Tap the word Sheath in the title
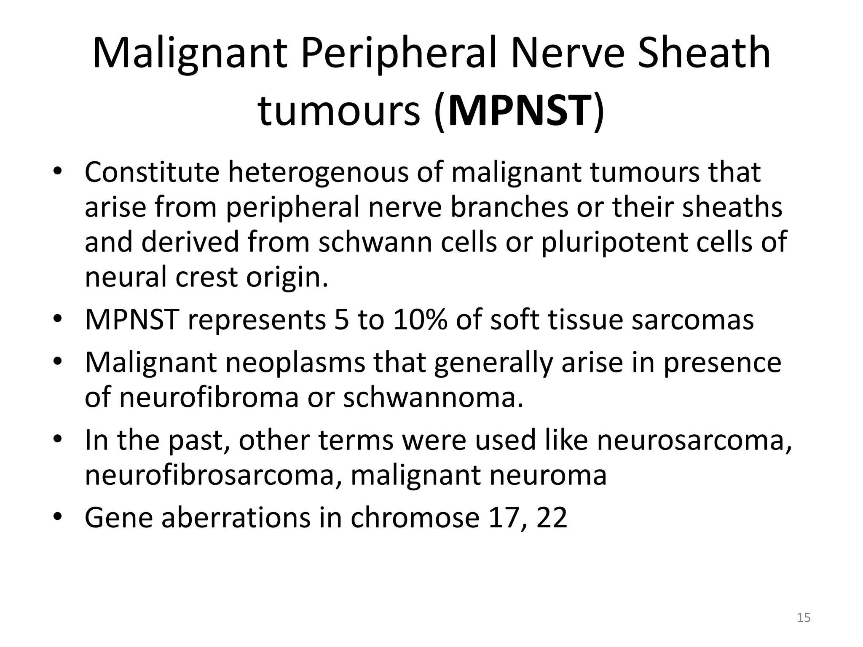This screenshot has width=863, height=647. tap(704, 53)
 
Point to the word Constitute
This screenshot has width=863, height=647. tap(152, 172)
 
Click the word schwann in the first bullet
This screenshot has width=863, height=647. tap(375, 243)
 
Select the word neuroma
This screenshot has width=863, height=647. tap(547, 475)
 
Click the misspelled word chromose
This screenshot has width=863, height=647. tap(415, 518)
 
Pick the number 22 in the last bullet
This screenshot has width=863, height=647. tap(552, 518)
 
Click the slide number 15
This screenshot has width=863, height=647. tap(804, 618)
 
